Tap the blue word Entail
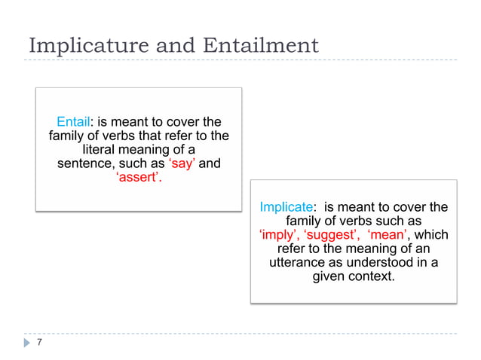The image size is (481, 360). pyautogui.click(x=74, y=121)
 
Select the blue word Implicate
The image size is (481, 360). pyautogui.click(x=286, y=206)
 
